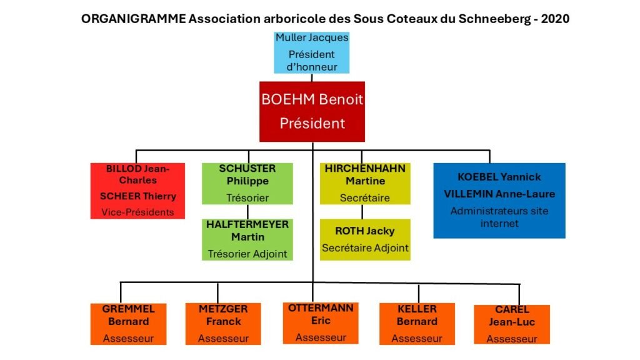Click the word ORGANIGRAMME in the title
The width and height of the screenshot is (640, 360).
(134, 19)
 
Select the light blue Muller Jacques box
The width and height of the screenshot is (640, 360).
(312, 52)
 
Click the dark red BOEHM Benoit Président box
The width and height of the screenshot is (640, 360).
(312, 111)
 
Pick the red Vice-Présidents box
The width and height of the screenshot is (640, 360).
(137, 191)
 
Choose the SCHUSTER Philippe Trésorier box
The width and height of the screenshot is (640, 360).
(247, 184)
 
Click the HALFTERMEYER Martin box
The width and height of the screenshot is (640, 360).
(247, 239)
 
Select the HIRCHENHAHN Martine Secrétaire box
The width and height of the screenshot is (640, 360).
(365, 184)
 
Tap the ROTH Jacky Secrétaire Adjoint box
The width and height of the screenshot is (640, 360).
(365, 239)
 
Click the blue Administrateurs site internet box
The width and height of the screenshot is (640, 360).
(499, 201)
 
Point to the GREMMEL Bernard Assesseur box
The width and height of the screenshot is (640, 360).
(128, 324)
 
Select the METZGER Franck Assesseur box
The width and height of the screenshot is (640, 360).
(223, 324)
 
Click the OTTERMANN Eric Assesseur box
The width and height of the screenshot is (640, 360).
(321, 323)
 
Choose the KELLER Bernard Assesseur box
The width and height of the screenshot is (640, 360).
(417, 324)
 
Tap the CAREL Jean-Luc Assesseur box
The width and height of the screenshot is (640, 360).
(512, 324)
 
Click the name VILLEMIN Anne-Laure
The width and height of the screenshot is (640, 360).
(499, 194)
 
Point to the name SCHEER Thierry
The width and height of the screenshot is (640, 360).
(138, 196)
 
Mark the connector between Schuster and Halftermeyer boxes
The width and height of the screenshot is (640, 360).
(247, 212)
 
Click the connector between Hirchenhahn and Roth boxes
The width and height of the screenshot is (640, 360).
(362, 212)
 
